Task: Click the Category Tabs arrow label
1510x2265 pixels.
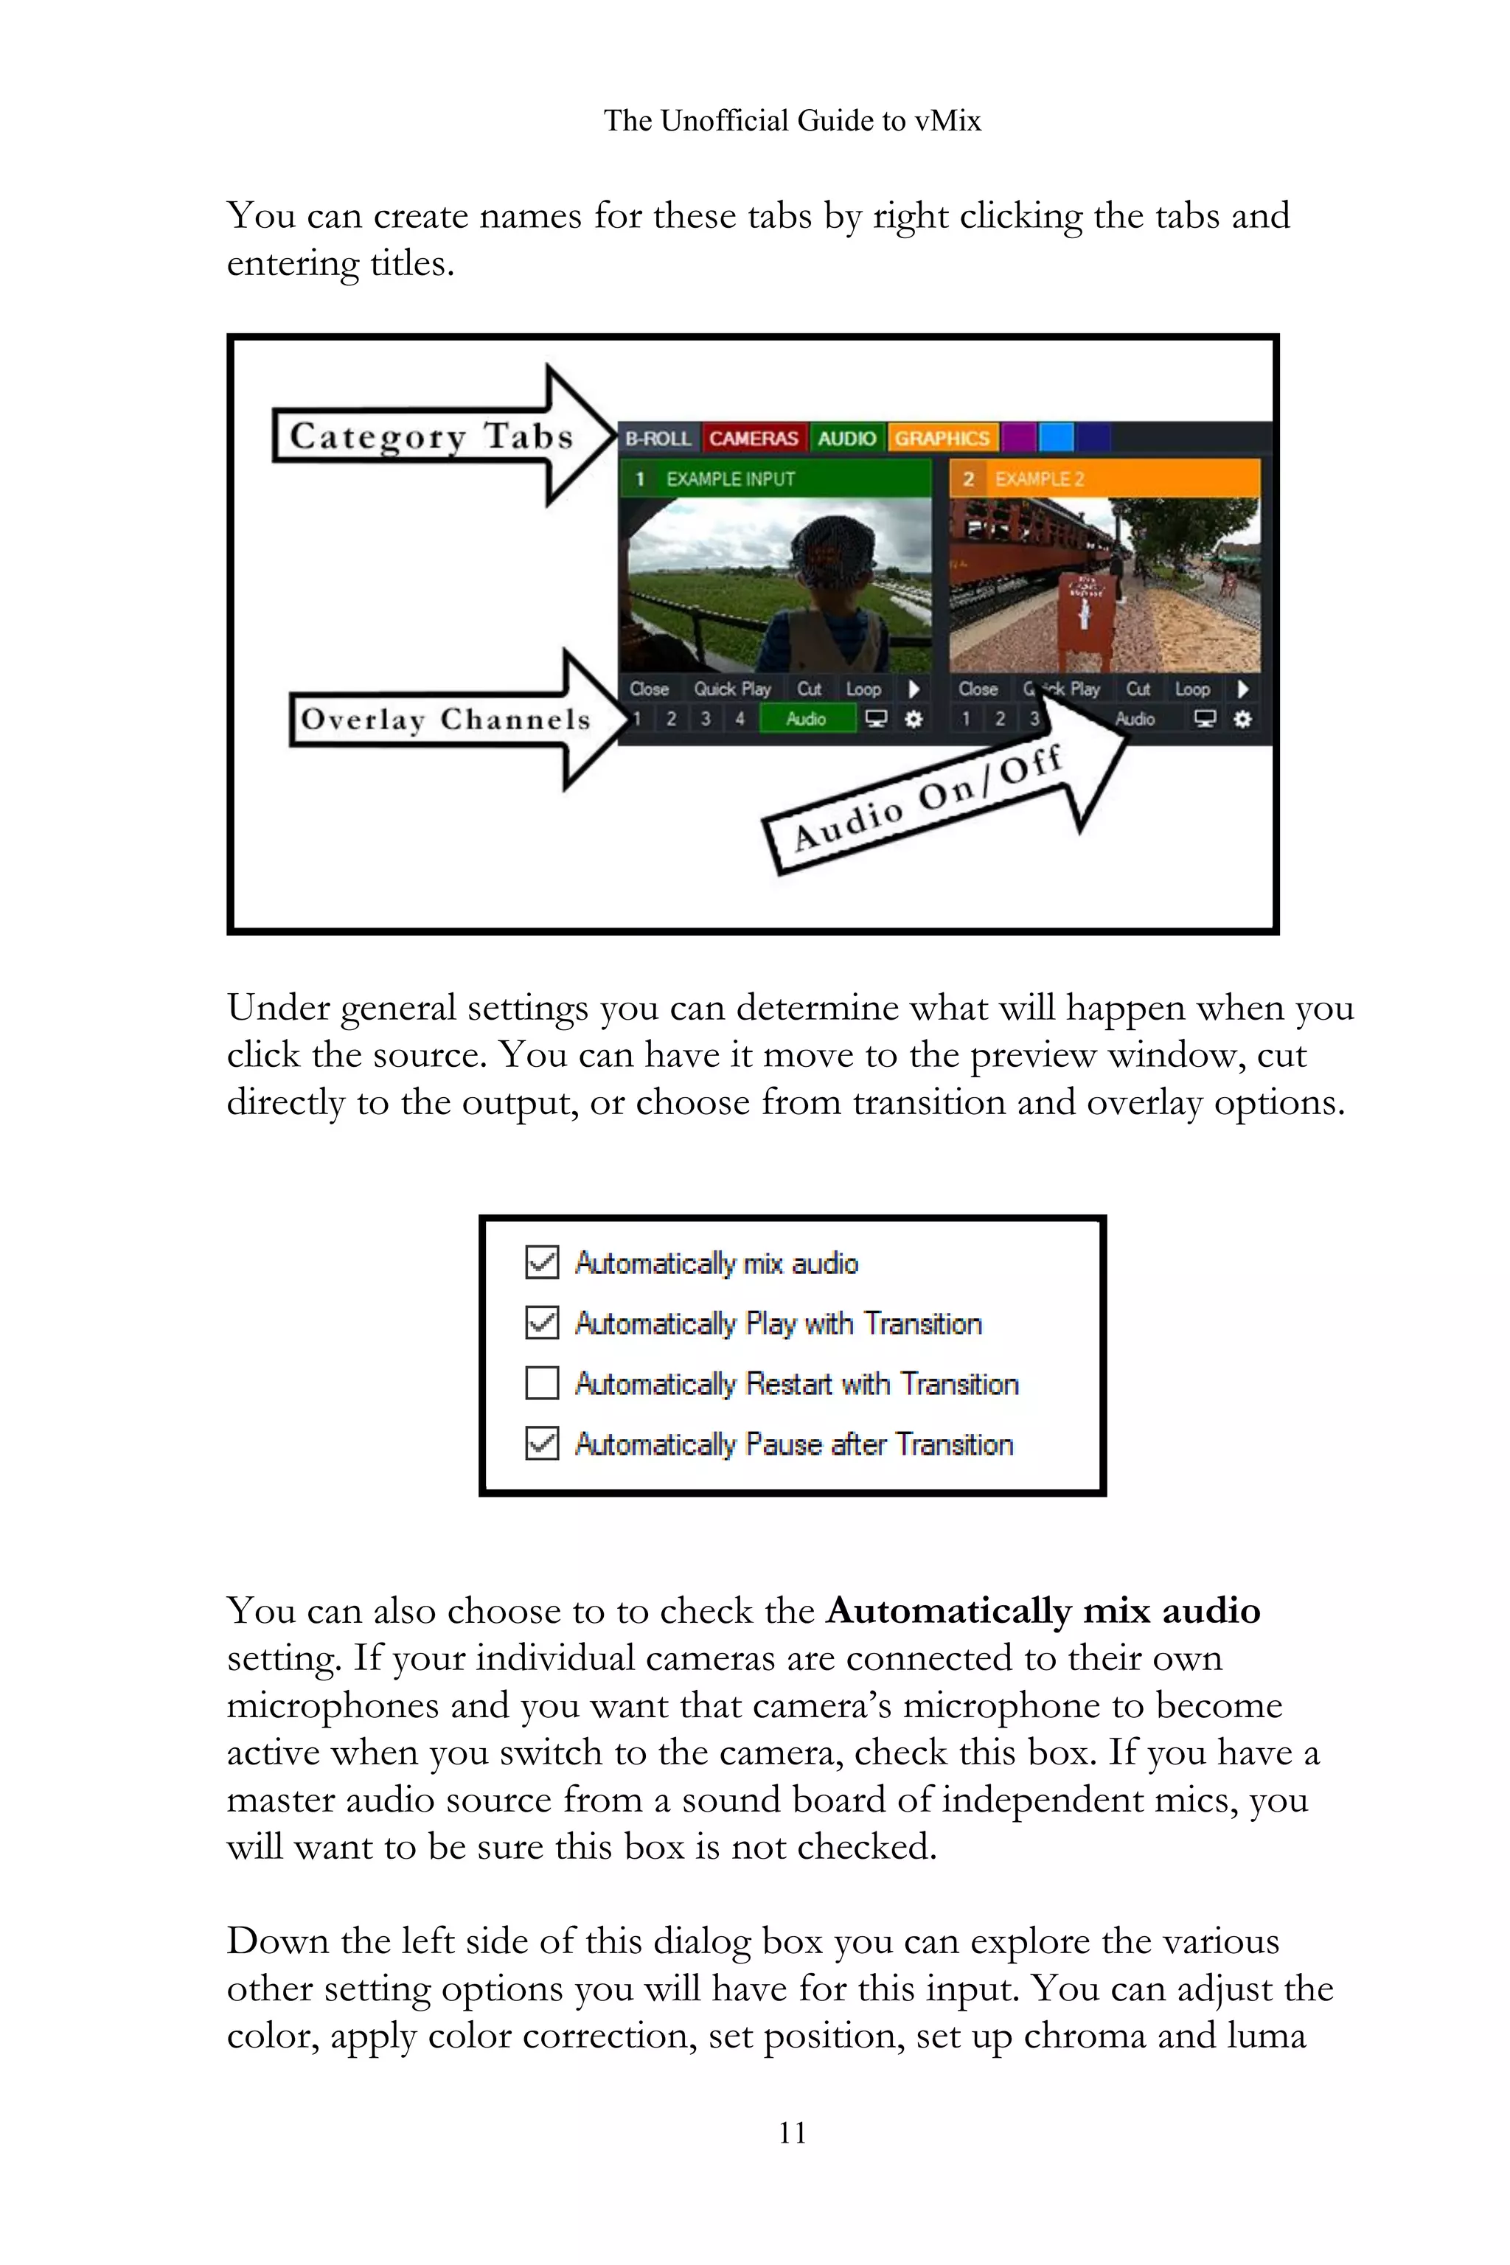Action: point(431,436)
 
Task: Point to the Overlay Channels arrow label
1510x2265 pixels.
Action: point(445,720)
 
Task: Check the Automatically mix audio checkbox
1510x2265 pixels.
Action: point(542,1262)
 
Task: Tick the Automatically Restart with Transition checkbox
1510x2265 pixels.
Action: point(542,1383)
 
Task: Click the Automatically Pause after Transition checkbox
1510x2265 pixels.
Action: point(542,1444)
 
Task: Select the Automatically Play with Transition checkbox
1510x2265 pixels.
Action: point(542,1322)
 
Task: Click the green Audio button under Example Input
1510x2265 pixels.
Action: point(806,718)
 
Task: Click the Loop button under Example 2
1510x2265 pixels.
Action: point(1192,689)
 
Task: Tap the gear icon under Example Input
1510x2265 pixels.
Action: point(913,718)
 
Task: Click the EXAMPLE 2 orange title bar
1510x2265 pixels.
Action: point(1104,479)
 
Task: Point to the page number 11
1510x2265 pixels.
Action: point(793,2133)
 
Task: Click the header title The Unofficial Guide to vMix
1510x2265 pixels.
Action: point(792,120)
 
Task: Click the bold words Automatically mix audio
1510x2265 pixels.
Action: point(1043,1611)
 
